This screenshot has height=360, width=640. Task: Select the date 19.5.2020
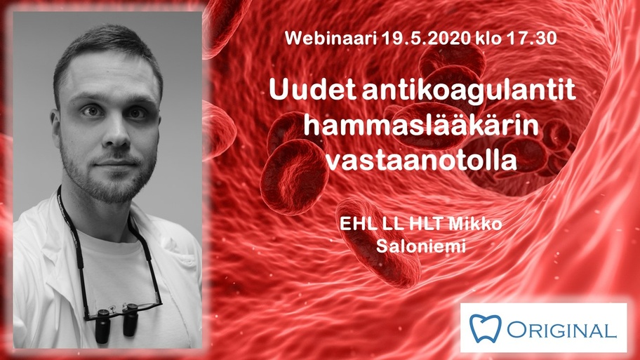[426, 38]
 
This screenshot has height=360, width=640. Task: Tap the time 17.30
[532, 38]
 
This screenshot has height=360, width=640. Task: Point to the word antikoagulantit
[469, 91]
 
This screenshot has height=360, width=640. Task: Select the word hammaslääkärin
[421, 125]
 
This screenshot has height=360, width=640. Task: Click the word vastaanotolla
[421, 160]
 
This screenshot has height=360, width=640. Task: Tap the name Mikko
[475, 224]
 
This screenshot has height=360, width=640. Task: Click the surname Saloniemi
[421, 246]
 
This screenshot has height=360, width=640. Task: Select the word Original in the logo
[561, 330]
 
